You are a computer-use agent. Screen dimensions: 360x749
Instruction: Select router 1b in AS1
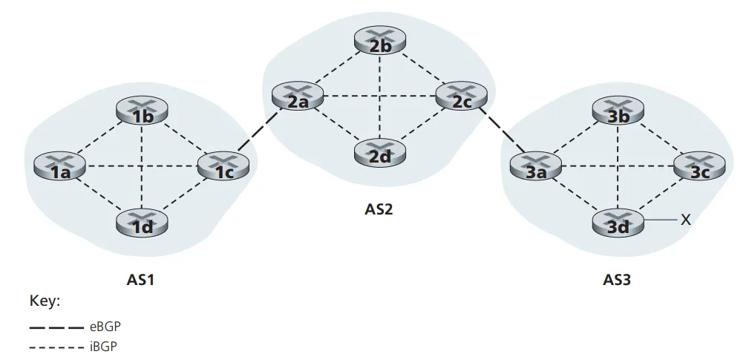point(143,112)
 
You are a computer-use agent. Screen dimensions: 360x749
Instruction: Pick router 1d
point(143,222)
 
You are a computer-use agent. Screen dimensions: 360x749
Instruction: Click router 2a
point(297,96)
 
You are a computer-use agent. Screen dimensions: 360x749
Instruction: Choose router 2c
point(461,96)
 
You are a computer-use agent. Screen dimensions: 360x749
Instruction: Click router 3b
point(618,112)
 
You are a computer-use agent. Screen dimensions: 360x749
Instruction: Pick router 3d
point(618,222)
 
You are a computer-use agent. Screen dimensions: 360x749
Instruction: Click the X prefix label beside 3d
point(686,220)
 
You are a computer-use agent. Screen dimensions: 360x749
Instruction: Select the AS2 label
point(378,209)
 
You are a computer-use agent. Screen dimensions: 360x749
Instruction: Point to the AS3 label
point(617,281)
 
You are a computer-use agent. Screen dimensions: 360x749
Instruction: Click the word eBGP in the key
point(104,327)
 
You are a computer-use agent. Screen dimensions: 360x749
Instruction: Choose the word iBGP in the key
point(103,346)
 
